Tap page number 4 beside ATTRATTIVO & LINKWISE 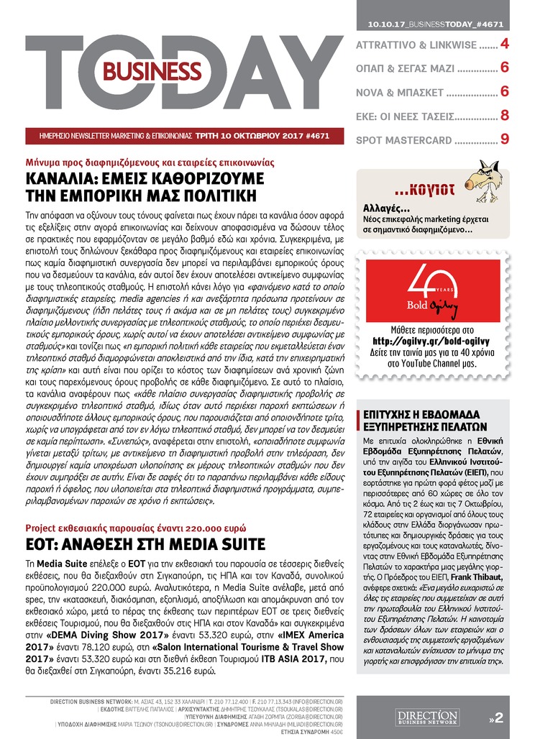coord(505,45)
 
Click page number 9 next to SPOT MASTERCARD coord(505,139)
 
